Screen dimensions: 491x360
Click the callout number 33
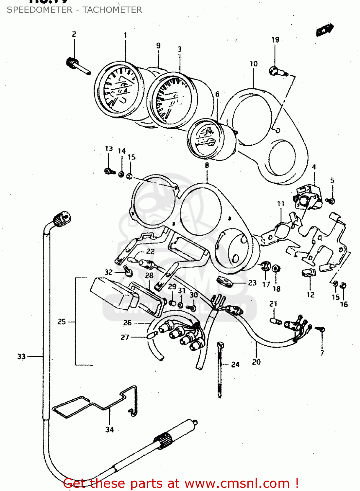pyautogui.click(x=21, y=356)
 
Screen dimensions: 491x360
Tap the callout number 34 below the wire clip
pyautogui.click(x=109, y=430)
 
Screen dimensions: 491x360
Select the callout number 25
pyautogui.click(x=62, y=322)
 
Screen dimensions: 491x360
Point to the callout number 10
pyautogui.click(x=254, y=64)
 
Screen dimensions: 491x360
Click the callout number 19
pyautogui.click(x=275, y=40)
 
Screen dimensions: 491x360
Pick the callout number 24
pyautogui.click(x=235, y=364)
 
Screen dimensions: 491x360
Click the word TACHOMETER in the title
pyautogui.click(x=112, y=10)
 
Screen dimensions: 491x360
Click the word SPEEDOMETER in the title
pyautogui.click(x=40, y=10)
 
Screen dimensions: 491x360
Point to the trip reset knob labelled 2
pyautogui.click(x=77, y=65)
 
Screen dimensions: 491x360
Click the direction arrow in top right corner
pyautogui.click(x=324, y=30)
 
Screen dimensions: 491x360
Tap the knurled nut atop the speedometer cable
pyautogui.click(x=62, y=218)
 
